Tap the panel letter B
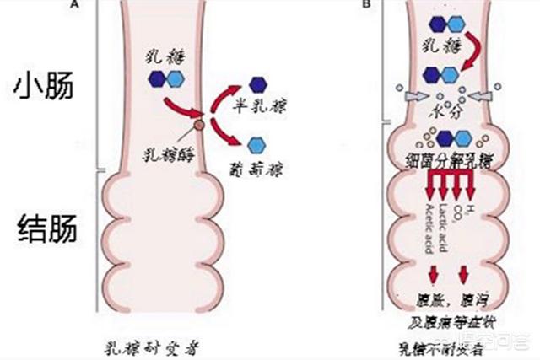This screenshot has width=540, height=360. pos(366,4)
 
